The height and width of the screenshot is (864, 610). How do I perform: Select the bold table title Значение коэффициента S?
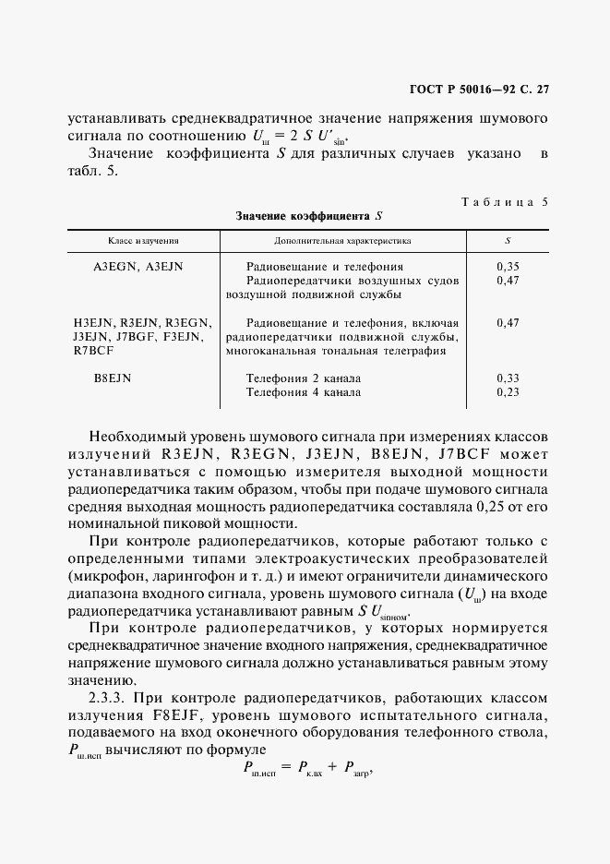(x=308, y=216)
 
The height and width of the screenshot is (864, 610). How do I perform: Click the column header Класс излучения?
(x=143, y=241)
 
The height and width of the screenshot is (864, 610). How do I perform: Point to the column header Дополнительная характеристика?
(x=342, y=241)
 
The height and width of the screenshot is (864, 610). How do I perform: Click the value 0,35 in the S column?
(x=508, y=267)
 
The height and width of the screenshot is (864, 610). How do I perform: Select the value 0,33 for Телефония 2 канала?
(x=508, y=378)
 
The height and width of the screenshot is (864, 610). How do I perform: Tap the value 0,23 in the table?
(x=508, y=392)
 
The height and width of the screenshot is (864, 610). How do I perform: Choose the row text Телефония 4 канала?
(x=304, y=392)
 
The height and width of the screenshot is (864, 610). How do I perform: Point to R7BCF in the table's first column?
(x=93, y=351)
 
